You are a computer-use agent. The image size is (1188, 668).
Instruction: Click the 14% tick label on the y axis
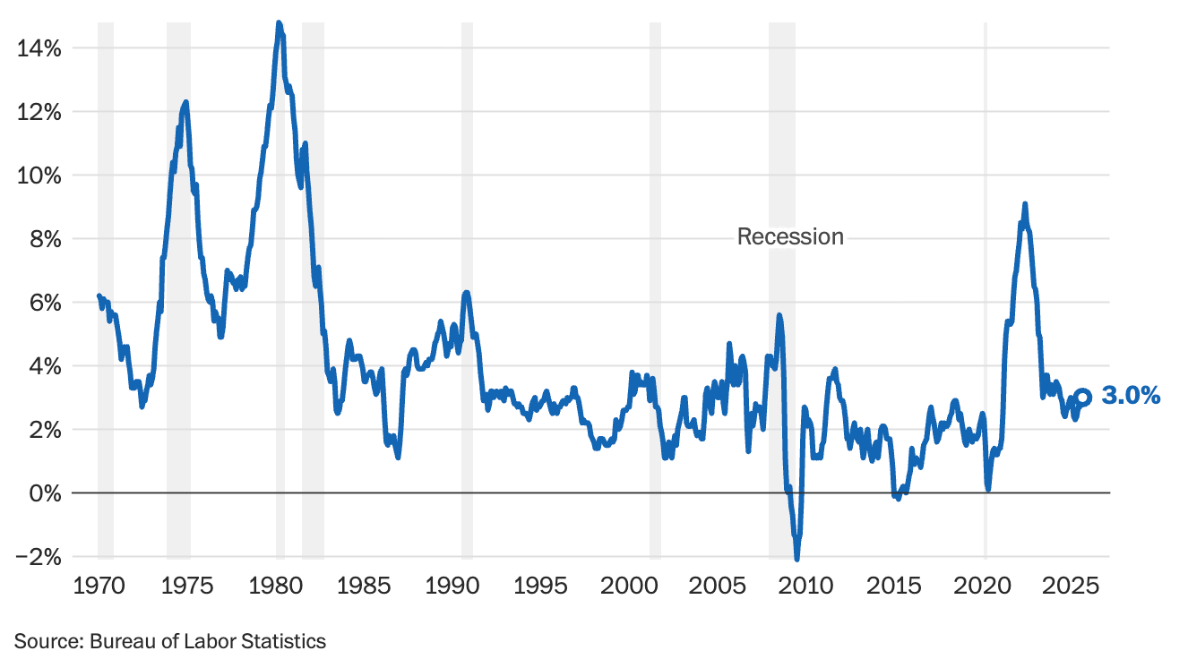pyautogui.click(x=39, y=48)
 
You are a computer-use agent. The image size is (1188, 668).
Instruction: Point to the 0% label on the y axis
pyautogui.click(x=43, y=493)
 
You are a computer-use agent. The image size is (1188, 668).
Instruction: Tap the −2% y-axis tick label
pyautogui.click(x=39, y=557)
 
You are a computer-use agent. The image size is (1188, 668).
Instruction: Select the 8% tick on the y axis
pyautogui.click(x=43, y=239)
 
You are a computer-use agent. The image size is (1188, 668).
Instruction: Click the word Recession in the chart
pyautogui.click(x=790, y=236)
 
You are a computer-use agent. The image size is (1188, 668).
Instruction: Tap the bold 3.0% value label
pyautogui.click(x=1131, y=396)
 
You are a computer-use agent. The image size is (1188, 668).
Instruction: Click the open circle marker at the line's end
pyautogui.click(x=1082, y=397)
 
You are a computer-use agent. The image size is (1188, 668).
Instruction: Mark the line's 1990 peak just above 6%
pyautogui.click(x=466, y=293)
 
